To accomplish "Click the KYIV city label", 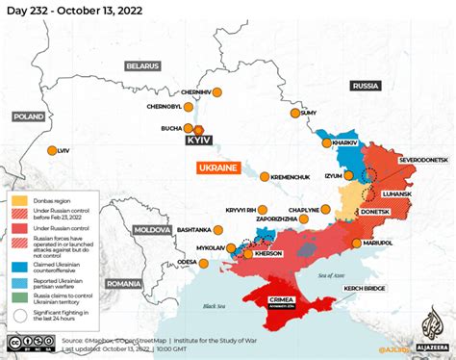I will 197,141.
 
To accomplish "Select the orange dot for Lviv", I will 50,151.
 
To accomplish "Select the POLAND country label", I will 29,116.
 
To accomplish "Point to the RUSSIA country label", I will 366,86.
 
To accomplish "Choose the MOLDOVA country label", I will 150,231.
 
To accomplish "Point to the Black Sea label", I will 189,305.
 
